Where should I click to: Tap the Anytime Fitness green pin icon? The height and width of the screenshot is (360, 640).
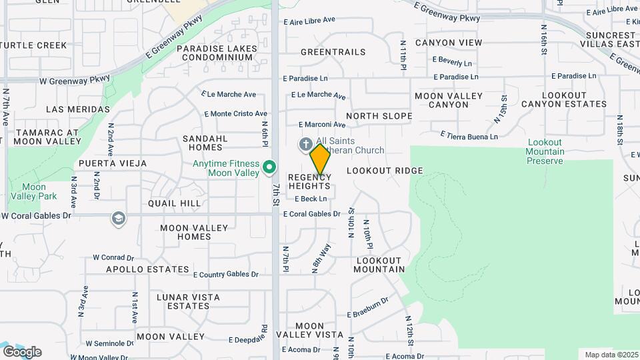[x=269, y=167]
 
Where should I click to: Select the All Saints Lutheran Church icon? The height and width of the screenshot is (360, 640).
[x=305, y=143]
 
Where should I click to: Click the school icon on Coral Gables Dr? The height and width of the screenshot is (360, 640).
[x=119, y=219]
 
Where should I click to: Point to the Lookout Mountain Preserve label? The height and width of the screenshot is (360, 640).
[x=545, y=151]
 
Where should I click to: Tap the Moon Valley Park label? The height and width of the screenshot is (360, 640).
[x=33, y=191]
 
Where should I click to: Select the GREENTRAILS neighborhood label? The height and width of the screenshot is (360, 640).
[x=333, y=52]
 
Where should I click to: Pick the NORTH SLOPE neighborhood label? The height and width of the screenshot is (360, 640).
[x=379, y=116]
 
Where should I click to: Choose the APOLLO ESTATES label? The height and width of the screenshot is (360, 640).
[x=148, y=269]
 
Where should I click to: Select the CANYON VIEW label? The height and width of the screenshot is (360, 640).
[x=448, y=43]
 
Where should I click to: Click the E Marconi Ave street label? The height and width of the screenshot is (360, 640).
[x=322, y=125]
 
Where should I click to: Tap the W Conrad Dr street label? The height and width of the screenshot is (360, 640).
[x=113, y=257]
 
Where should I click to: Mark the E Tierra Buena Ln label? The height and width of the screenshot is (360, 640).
[x=469, y=136]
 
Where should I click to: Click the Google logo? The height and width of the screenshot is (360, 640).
[x=22, y=352]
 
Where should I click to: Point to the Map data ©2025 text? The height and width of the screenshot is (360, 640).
[x=610, y=355]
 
